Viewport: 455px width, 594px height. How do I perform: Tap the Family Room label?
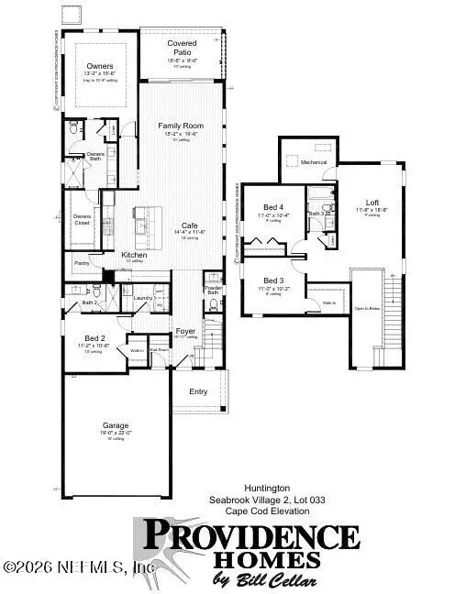tap(180, 126)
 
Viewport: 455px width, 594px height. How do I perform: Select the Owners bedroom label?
tap(100, 66)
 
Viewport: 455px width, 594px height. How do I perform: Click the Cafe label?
tap(190, 225)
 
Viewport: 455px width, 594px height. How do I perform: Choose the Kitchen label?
tap(134, 255)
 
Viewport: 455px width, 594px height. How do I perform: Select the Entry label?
tap(198, 392)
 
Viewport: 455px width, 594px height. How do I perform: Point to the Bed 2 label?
tap(93, 338)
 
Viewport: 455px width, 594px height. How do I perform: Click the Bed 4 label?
tap(273, 207)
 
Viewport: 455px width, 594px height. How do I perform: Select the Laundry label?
tap(142, 297)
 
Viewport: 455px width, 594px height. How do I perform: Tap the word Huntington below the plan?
tap(262, 489)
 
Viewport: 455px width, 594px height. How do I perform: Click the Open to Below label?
tap(367, 309)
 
